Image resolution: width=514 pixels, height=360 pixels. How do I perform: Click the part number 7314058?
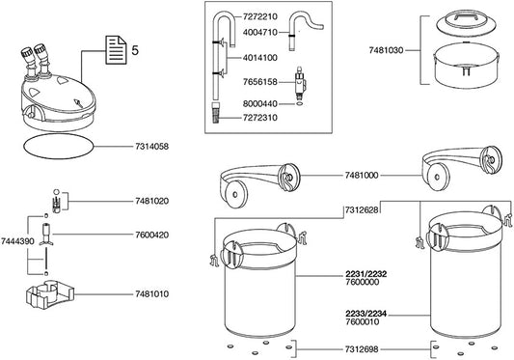(x=151, y=147)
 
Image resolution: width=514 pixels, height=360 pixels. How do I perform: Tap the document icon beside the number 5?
(x=116, y=50)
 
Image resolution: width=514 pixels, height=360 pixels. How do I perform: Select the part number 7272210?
(x=260, y=16)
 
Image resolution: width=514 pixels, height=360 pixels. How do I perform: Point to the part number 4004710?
(x=260, y=33)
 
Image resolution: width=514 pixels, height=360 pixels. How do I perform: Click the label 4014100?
(x=260, y=58)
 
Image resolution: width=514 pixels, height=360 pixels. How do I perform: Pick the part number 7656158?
(x=260, y=82)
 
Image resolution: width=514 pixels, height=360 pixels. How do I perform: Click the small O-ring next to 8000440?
(x=299, y=104)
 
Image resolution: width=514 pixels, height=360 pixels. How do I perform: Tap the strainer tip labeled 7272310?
(x=215, y=113)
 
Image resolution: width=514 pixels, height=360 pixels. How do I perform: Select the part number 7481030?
(x=386, y=50)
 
